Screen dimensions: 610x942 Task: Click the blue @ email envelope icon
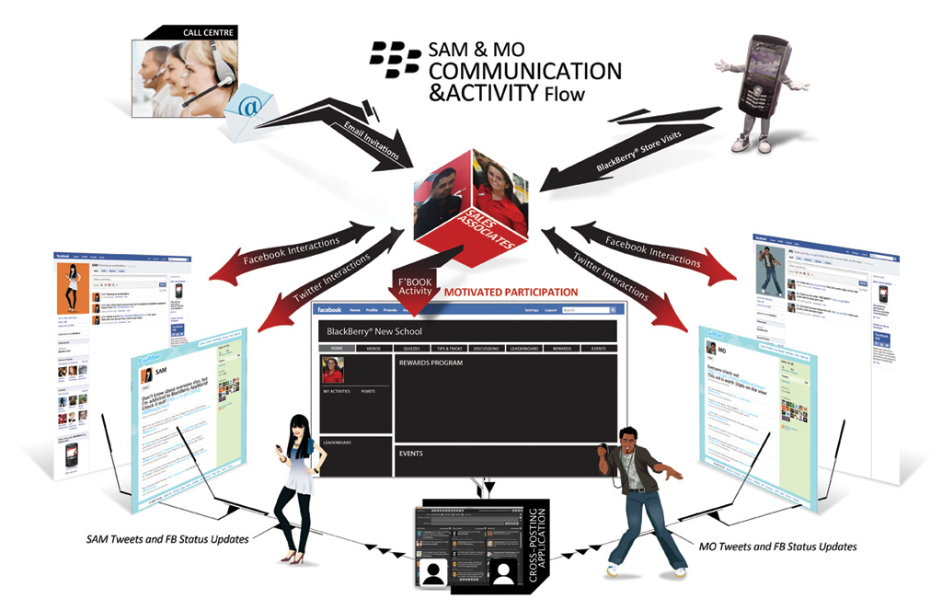(x=248, y=108)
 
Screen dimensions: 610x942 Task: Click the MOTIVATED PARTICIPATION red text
(x=511, y=293)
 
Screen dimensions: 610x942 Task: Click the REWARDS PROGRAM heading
(x=431, y=363)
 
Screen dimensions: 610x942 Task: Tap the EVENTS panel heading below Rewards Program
(x=410, y=454)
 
